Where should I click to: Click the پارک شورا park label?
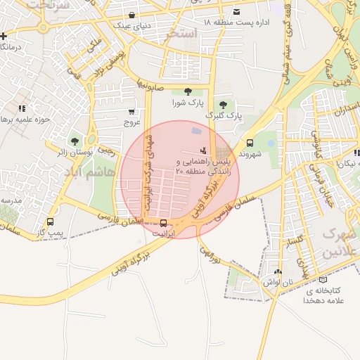[x=187, y=103]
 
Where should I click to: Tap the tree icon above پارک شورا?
[x=187, y=91]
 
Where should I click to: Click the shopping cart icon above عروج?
[x=131, y=111]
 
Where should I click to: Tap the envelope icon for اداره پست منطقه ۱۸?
[x=236, y=12]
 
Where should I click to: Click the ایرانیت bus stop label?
[x=165, y=232]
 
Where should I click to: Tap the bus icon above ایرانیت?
[x=165, y=222]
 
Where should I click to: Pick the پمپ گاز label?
[x=50, y=232]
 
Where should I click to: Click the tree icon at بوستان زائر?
[x=75, y=141]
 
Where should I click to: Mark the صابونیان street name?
[x=150, y=83]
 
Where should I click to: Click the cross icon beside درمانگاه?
[x=5, y=35]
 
